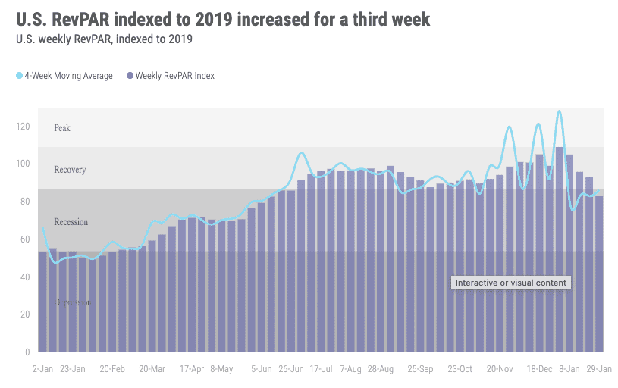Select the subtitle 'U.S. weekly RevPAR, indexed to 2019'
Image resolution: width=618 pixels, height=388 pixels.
pyautogui.click(x=104, y=39)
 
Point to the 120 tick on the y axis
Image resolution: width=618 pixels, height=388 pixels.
pyautogui.click(x=24, y=126)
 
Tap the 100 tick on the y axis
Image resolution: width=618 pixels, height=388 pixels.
pyautogui.click(x=24, y=164)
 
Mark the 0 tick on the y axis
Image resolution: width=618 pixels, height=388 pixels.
pyautogui.click(x=27, y=352)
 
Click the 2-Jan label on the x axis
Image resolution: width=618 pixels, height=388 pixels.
pyautogui.click(x=43, y=369)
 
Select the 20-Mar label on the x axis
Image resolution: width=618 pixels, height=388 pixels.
pyautogui.click(x=152, y=369)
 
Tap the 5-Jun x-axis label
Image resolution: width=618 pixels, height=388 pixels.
pyautogui.click(x=262, y=369)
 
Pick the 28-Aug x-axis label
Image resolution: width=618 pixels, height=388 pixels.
pyautogui.click(x=380, y=369)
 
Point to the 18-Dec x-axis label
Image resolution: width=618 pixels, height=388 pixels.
pyautogui.click(x=540, y=369)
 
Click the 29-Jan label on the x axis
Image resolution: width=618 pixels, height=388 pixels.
pyautogui.click(x=599, y=369)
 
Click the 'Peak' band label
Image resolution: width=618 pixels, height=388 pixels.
pyautogui.click(x=62, y=128)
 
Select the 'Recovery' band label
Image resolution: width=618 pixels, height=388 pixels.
pyautogui.click(x=70, y=170)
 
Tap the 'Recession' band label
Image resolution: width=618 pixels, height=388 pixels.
pyautogui.click(x=71, y=222)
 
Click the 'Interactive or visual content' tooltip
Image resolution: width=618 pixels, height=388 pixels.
pyautogui.click(x=511, y=283)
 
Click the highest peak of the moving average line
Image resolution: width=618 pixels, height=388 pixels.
pyautogui.click(x=559, y=111)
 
